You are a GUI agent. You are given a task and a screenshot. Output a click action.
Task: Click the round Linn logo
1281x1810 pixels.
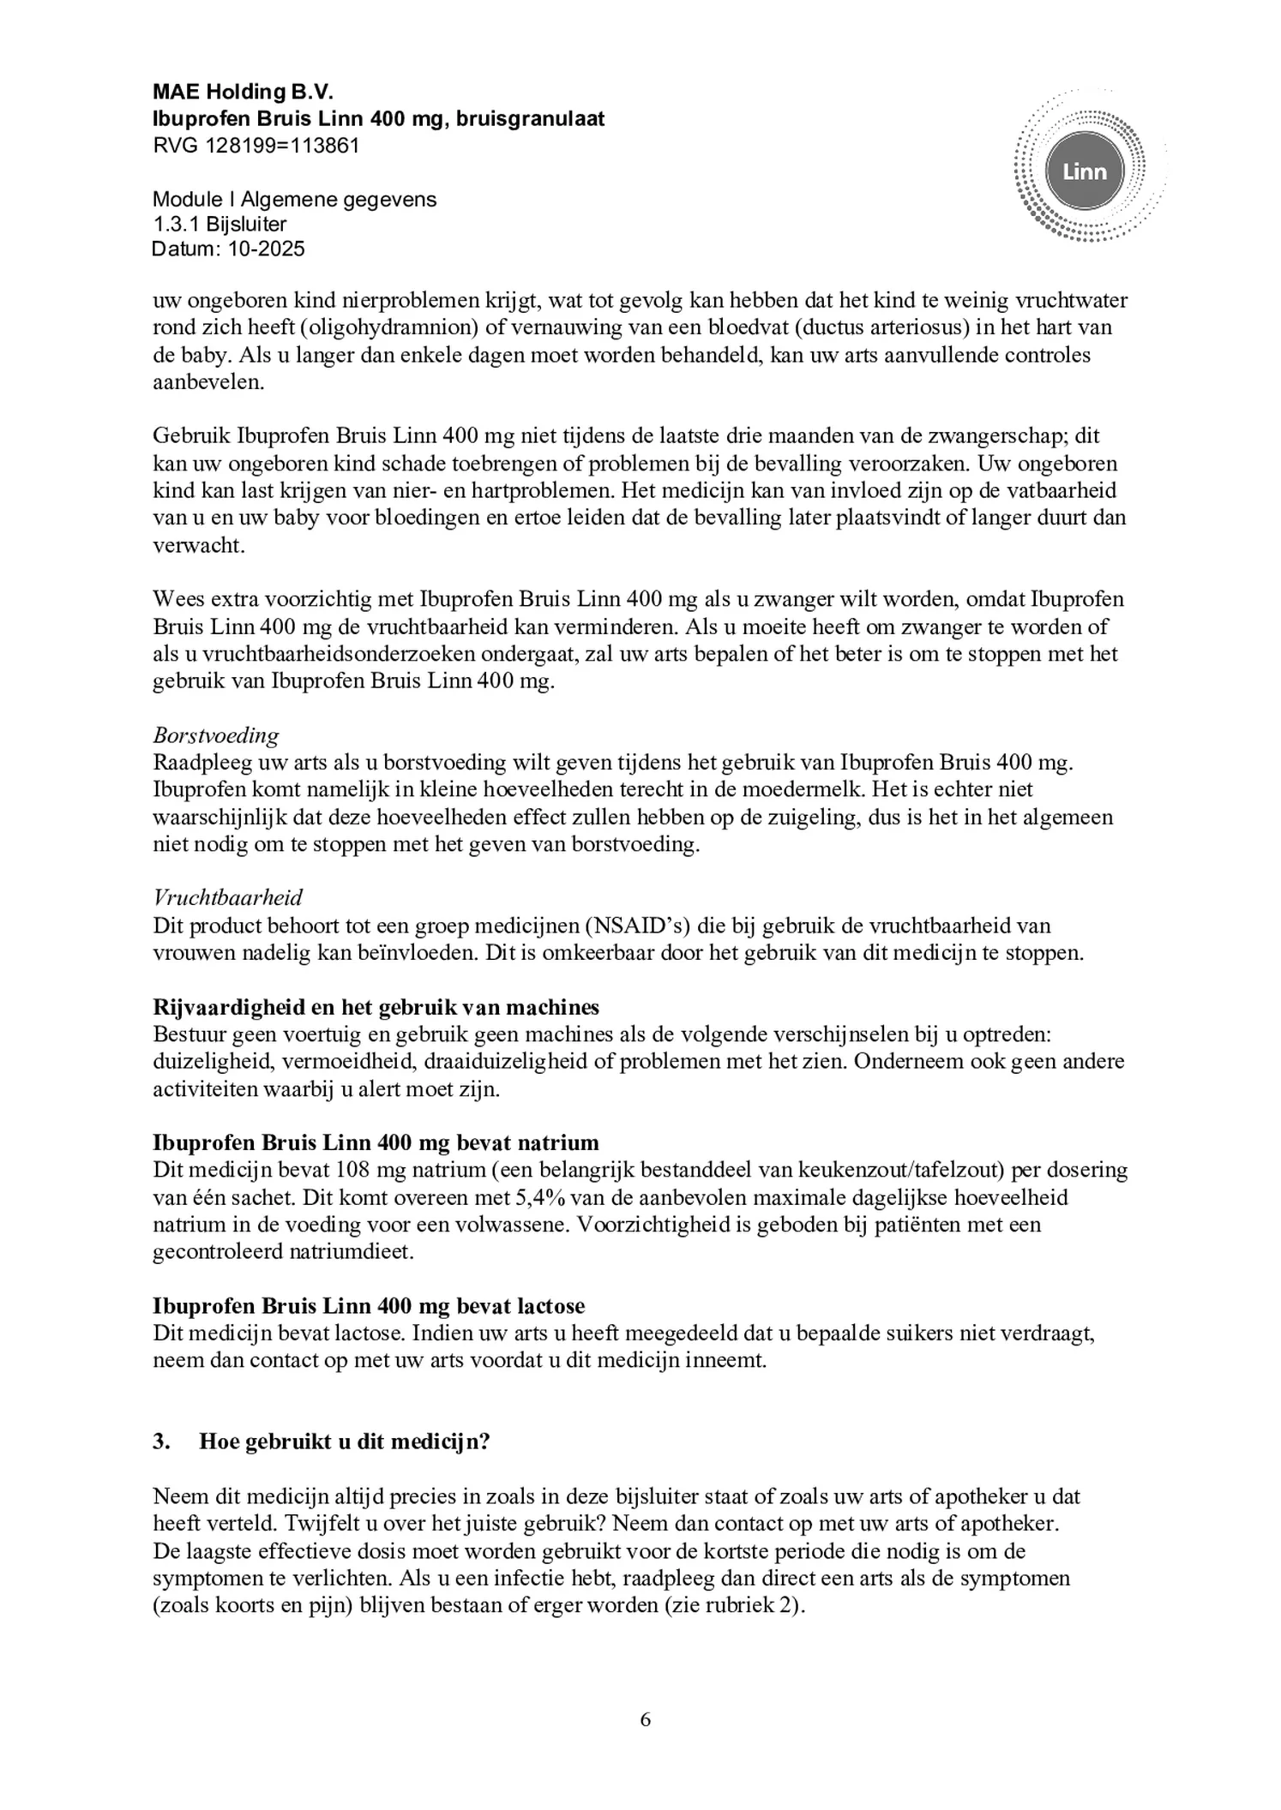pyautogui.click(x=1084, y=171)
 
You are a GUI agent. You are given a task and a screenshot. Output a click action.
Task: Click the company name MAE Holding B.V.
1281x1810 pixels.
pyautogui.click(x=243, y=92)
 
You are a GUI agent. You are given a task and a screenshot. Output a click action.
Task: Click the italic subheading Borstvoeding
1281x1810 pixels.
pyautogui.click(x=216, y=735)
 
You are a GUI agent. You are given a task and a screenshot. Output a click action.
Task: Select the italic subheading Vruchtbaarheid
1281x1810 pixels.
pyautogui.click(x=227, y=897)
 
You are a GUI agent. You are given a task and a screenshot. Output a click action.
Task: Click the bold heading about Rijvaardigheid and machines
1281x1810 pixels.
pyautogui.click(x=376, y=1006)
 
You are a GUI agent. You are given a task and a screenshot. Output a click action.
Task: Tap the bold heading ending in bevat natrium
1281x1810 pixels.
pyautogui.click(x=376, y=1142)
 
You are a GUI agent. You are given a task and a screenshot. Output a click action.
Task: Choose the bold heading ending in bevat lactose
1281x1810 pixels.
pyautogui.click(x=369, y=1306)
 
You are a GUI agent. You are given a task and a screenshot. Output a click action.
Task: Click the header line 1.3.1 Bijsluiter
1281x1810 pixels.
pyautogui.click(x=220, y=225)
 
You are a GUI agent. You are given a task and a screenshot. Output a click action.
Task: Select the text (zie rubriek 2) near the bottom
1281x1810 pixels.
pyautogui.click(x=733, y=1605)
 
